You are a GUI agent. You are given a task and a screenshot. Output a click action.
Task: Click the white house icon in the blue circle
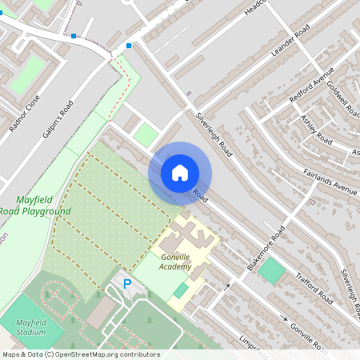(179, 172)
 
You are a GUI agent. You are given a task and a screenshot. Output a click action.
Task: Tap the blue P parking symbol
(126, 284)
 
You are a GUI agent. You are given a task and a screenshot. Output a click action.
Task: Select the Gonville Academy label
(176, 262)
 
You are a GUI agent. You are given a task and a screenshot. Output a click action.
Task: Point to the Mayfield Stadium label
(30, 327)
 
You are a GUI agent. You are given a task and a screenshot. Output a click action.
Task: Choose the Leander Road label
(290, 44)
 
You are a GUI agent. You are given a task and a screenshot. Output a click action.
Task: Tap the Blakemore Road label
(266, 248)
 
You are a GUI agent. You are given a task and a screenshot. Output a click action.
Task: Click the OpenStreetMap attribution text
(80, 354)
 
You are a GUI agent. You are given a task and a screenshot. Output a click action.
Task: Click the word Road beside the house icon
(200, 194)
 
